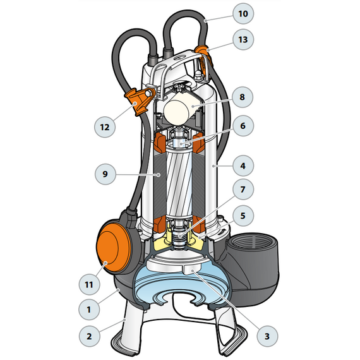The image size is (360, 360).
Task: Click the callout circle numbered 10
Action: [243, 13]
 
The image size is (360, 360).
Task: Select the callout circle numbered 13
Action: [243, 40]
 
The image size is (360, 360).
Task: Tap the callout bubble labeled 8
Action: [243, 97]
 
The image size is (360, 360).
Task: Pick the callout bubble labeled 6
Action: [243, 126]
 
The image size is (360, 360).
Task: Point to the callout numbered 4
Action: [243, 165]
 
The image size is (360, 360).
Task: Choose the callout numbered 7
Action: [243, 189]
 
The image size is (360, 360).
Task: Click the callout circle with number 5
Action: [243, 216]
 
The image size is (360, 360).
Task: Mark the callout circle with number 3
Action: [267, 336]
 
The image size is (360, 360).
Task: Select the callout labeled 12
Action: [105, 127]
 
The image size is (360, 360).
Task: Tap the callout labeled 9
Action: [105, 174]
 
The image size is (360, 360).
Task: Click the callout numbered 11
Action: [89, 284]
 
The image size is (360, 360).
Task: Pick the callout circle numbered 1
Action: [89, 309]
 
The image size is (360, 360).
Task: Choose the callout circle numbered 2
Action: [89, 336]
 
